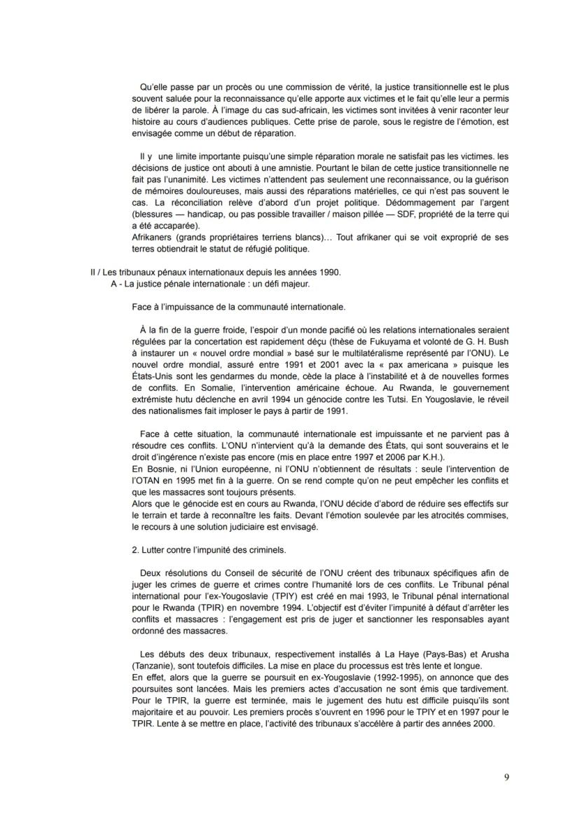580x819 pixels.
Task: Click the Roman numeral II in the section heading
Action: (x=83, y=272)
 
